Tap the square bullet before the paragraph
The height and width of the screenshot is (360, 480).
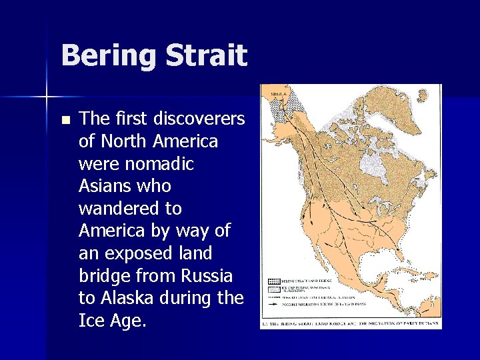pos(65,121)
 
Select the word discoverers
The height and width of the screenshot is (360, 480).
pos(199,119)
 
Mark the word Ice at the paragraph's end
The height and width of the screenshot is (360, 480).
pos(91,321)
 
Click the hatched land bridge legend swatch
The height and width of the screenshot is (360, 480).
pos(273,282)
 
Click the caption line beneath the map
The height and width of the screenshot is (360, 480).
pos(350,323)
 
